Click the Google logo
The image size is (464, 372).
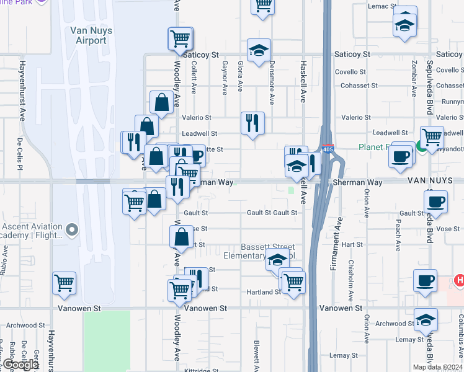pos(20,365)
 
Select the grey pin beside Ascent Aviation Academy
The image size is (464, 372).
pos(72,230)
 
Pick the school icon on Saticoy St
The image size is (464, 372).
pos(259,50)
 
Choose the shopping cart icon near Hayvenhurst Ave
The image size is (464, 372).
pos(65,283)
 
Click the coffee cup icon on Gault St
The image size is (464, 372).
pos(435,201)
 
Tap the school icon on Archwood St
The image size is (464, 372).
pos(425,320)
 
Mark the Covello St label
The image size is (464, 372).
pos(350,71)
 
